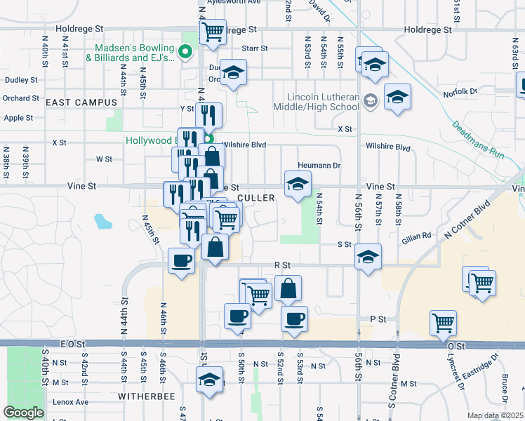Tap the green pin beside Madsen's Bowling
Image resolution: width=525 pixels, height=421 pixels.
pyautogui.click(x=185, y=51)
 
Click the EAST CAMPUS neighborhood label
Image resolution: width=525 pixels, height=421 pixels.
pyautogui.click(x=81, y=102)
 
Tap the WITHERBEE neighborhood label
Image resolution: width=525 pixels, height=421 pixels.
pyautogui.click(x=85, y=396)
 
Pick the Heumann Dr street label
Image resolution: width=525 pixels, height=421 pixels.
pyautogui.click(x=319, y=166)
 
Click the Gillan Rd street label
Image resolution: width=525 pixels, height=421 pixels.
pyautogui.click(x=416, y=239)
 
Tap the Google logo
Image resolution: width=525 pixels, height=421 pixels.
pyautogui.click(x=23, y=413)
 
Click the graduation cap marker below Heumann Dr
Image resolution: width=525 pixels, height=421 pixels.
pyautogui.click(x=298, y=185)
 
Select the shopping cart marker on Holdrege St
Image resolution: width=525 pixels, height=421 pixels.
pyautogui.click(x=212, y=31)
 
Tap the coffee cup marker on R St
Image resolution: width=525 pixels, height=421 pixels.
pyautogui.click(x=181, y=261)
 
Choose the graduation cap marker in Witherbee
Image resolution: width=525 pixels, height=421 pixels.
pyautogui.click(x=209, y=380)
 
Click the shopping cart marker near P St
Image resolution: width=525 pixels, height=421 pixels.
pyautogui.click(x=443, y=323)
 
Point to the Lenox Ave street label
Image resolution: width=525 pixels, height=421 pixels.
pyautogui.click(x=72, y=402)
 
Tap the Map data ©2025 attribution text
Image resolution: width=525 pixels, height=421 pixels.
pyautogui.click(x=495, y=415)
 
